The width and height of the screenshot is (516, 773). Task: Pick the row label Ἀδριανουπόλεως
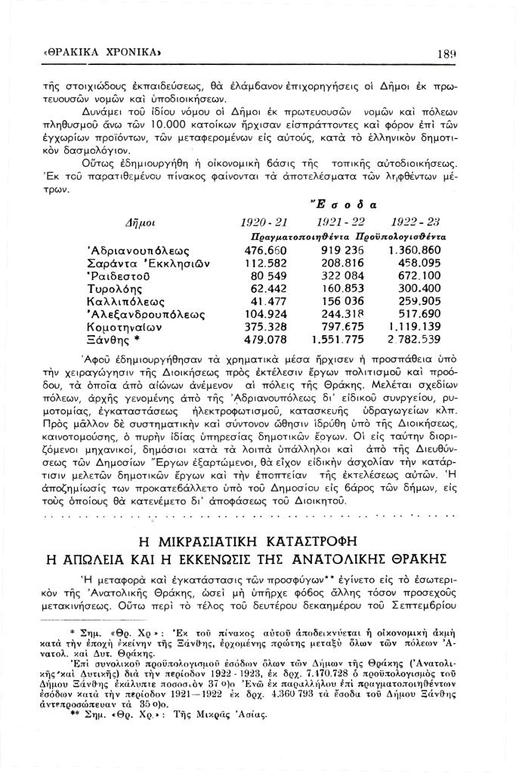[137, 249]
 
